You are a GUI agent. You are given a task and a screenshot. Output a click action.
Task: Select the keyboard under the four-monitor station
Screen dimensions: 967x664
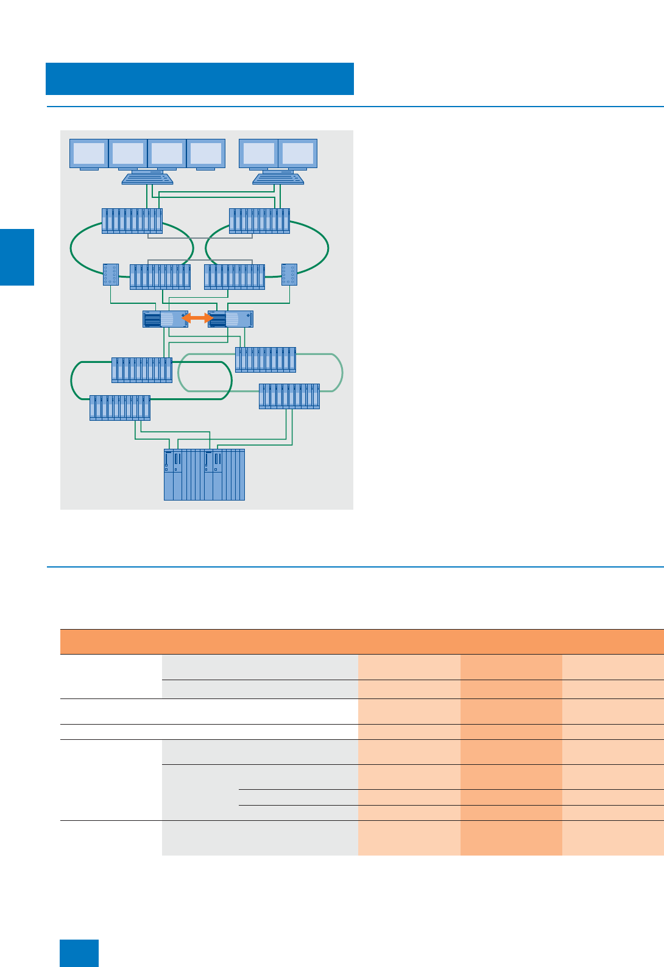point(147,178)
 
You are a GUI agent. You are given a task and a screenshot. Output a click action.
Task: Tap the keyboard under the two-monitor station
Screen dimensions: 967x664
point(278,178)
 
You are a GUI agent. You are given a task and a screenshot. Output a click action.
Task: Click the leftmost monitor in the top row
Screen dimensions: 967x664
point(89,153)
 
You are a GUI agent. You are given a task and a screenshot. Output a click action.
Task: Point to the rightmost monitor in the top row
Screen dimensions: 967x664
point(298,153)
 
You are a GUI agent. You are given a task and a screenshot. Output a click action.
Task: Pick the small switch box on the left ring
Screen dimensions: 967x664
point(111,275)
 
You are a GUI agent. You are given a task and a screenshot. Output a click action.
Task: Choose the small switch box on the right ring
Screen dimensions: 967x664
point(289,275)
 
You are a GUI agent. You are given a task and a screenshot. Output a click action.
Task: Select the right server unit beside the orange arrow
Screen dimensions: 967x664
point(231,319)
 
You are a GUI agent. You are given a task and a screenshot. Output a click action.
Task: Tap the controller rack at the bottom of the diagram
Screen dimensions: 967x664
point(204,475)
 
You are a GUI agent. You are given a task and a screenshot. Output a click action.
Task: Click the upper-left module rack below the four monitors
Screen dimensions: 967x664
point(132,221)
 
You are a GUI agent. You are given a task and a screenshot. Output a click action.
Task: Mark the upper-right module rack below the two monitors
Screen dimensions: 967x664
point(260,221)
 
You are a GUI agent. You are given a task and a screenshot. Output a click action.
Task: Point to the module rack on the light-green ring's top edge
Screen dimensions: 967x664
point(266,360)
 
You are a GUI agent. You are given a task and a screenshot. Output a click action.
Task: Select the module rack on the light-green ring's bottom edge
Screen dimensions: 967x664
point(289,396)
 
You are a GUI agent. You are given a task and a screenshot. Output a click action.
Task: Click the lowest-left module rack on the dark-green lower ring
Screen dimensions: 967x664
point(120,408)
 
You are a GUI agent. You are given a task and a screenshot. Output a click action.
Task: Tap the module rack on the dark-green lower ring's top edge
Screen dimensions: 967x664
point(142,370)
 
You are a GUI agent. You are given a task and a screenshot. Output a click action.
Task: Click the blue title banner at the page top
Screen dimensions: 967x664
point(200,79)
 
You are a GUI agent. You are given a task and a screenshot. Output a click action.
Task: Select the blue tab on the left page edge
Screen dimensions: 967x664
point(17,257)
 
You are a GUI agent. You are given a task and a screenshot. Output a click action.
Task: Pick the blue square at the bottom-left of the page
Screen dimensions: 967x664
point(79,953)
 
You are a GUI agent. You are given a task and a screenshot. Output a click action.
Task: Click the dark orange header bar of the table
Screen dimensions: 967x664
point(362,642)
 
